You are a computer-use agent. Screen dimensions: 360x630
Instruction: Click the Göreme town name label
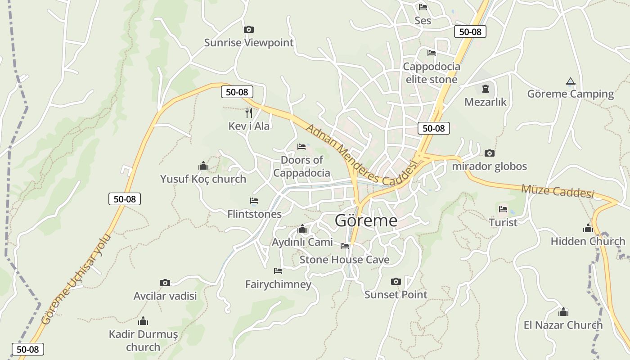366,220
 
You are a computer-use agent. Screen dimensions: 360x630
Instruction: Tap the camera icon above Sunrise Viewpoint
248,30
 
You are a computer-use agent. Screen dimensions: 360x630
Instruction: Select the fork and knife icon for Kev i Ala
249,112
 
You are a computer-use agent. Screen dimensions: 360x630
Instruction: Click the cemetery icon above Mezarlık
485,89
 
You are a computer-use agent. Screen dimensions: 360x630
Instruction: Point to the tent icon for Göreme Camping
570,81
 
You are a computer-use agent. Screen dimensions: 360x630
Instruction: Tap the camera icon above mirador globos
489,153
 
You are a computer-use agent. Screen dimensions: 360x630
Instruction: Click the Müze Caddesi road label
558,191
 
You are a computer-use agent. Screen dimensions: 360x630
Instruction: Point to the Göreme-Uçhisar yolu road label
72,279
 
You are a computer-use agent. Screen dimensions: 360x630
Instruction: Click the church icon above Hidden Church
588,229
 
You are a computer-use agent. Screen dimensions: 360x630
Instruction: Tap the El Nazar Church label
563,325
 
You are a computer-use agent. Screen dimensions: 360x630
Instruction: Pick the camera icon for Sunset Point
396,282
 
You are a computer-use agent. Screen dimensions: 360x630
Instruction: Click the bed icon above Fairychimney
278,271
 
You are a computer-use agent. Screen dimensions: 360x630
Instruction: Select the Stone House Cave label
344,260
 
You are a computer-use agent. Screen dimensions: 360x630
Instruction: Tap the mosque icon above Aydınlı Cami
302,229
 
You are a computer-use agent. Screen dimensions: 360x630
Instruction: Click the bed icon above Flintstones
254,201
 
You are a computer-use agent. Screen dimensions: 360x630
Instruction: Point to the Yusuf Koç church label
203,179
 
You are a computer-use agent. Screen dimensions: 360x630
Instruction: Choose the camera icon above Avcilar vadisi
165,283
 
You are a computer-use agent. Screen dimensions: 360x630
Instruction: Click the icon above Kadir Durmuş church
143,321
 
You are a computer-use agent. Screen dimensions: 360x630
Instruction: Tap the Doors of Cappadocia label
301,166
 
